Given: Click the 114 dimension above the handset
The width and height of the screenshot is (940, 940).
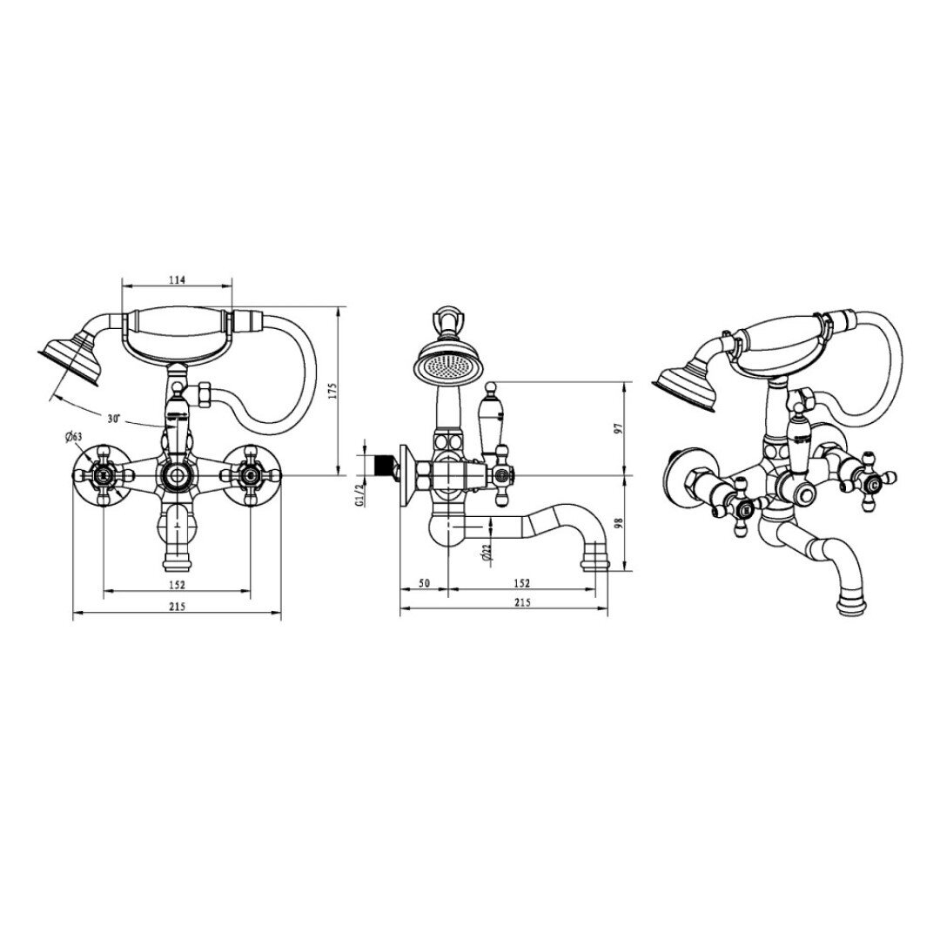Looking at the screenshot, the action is (178, 280).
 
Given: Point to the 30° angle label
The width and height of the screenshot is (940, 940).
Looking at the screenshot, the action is (115, 419).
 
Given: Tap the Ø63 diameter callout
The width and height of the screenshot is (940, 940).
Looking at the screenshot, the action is (72, 436).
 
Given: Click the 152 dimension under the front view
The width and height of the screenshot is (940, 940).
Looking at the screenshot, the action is (177, 585).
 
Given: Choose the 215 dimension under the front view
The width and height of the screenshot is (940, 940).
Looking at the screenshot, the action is (177, 606).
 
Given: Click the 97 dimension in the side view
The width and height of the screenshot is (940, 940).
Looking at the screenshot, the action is (620, 428).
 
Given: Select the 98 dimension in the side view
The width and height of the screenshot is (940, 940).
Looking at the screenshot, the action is (620, 523).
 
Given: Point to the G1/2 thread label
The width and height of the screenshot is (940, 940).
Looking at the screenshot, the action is (359, 494).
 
